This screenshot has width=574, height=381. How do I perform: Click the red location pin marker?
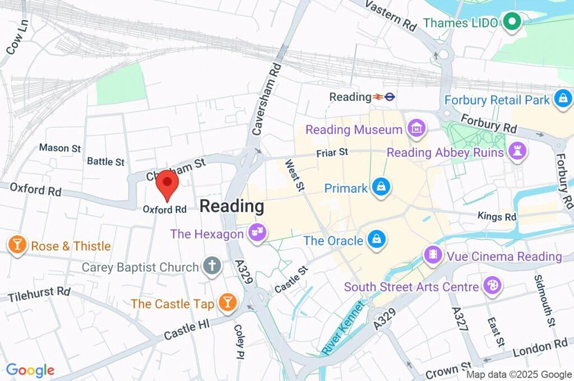click(x=166, y=184)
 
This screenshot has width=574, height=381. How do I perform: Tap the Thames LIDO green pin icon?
click(x=511, y=22)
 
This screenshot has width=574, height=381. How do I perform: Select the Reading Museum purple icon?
click(x=416, y=129)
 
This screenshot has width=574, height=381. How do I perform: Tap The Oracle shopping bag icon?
click(x=375, y=240)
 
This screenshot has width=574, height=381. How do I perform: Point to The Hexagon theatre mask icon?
click(x=258, y=233)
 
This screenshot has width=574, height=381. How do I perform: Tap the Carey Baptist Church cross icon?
click(x=212, y=266)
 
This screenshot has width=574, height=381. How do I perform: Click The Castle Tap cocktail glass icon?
click(x=228, y=303)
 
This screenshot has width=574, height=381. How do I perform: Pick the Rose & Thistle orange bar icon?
click(x=18, y=245)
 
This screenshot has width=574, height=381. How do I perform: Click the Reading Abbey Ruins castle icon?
click(x=515, y=151)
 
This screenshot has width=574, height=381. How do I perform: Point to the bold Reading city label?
click(x=232, y=206)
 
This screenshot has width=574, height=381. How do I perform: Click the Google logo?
click(x=30, y=370)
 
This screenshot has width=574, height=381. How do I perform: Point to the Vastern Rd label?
click(x=391, y=14)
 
